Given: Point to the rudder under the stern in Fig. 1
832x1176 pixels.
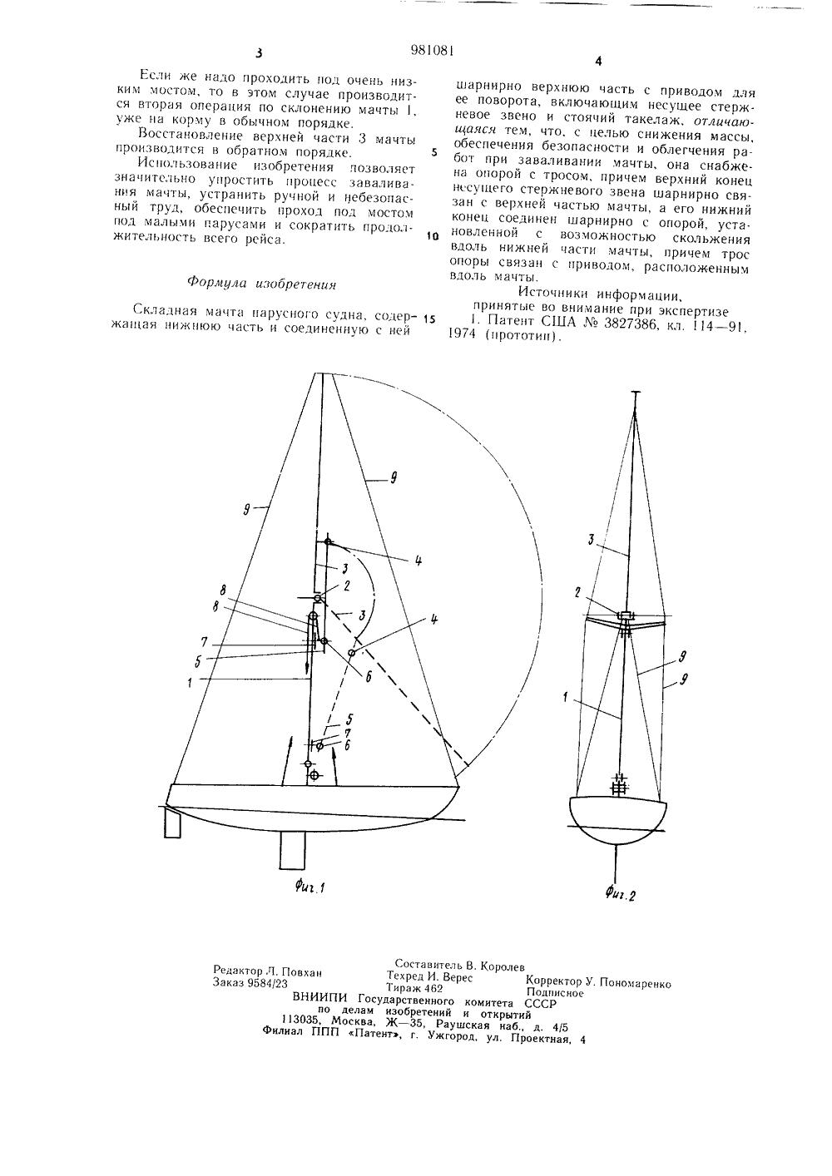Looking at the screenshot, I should pos(173,823).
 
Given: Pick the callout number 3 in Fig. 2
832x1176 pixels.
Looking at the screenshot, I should pos(590,540).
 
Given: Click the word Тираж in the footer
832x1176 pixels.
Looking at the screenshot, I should pos(404,988).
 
